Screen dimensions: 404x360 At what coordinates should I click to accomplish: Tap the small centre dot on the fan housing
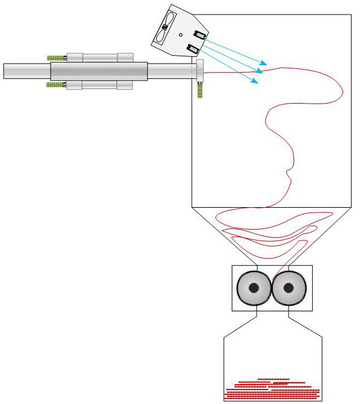(x=180, y=35)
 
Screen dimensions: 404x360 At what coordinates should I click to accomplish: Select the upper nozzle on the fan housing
(x=198, y=35)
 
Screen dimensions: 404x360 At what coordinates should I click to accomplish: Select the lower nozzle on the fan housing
(x=193, y=48)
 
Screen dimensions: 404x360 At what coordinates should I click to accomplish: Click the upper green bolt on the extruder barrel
(x=56, y=58)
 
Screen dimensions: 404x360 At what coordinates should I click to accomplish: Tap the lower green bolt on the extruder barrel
(x=56, y=85)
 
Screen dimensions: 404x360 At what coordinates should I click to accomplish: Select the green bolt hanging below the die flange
(x=199, y=89)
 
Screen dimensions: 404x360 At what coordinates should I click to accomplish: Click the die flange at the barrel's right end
(x=199, y=70)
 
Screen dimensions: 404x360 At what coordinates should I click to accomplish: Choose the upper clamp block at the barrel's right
(x=125, y=57)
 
